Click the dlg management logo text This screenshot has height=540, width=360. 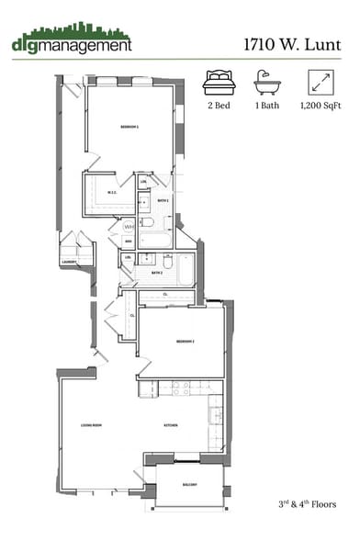tap(72, 43)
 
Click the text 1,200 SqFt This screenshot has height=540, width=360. tap(321, 107)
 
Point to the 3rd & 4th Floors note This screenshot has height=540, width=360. tap(307, 504)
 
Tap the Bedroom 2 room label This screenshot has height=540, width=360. tap(187, 342)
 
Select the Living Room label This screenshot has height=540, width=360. tap(90, 425)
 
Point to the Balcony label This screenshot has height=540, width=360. tap(189, 483)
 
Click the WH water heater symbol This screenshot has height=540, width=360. tap(129, 226)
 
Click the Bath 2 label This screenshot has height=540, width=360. tap(156, 273)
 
